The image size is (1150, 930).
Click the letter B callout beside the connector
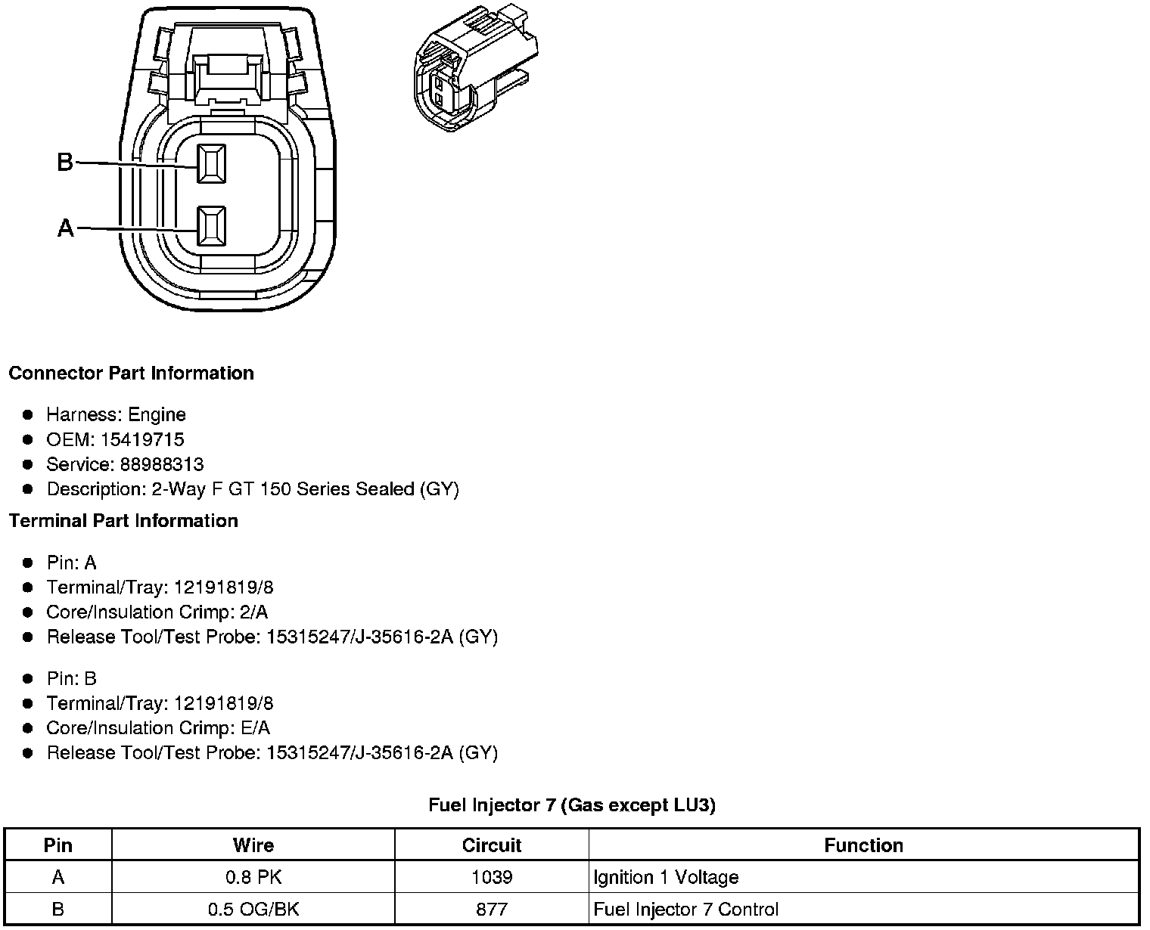click(x=65, y=162)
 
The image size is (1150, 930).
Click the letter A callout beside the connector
click(x=65, y=228)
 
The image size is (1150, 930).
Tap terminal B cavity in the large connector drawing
click(x=211, y=164)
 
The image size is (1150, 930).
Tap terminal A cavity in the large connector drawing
click(x=211, y=226)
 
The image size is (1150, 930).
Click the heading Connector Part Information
click(x=131, y=374)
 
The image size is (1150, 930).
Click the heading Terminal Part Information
click(x=123, y=520)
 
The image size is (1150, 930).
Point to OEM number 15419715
click(x=142, y=439)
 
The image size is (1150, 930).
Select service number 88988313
click(x=162, y=464)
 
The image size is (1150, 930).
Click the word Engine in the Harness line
click(x=157, y=415)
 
